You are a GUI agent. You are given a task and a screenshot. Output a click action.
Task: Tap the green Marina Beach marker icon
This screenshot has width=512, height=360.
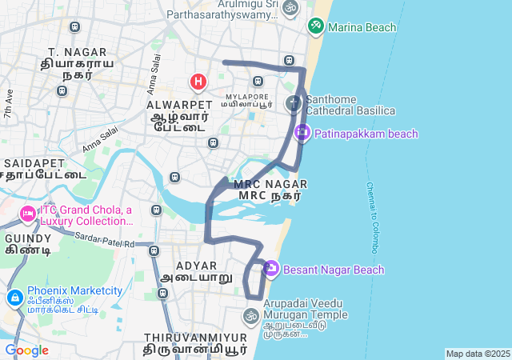click(316, 26)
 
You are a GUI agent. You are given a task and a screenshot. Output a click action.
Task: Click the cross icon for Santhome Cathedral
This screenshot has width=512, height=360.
click(293, 103)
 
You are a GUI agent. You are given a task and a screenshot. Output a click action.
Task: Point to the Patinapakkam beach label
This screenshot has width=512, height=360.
click(366, 134)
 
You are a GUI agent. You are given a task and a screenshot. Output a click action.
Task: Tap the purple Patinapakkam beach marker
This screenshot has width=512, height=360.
click(302, 133)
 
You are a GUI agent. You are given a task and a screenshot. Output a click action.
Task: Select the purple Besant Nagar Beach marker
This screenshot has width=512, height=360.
click(270, 269)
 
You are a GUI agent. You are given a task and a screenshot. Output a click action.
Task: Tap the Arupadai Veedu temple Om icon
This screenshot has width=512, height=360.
click(251, 315)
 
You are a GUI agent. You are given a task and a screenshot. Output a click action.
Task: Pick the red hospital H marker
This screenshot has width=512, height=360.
click(198, 82)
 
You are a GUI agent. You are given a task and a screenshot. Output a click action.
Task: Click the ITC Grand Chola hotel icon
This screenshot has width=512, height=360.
click(27, 214)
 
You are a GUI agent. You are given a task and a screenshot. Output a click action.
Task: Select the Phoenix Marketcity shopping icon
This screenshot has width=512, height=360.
click(14, 298)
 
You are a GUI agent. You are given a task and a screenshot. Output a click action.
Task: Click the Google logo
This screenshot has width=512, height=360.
click(26, 350)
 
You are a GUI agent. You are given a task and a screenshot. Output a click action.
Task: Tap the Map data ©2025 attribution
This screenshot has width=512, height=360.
click(478, 354)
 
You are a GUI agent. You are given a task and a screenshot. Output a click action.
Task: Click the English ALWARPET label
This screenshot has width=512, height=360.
click(180, 104)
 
